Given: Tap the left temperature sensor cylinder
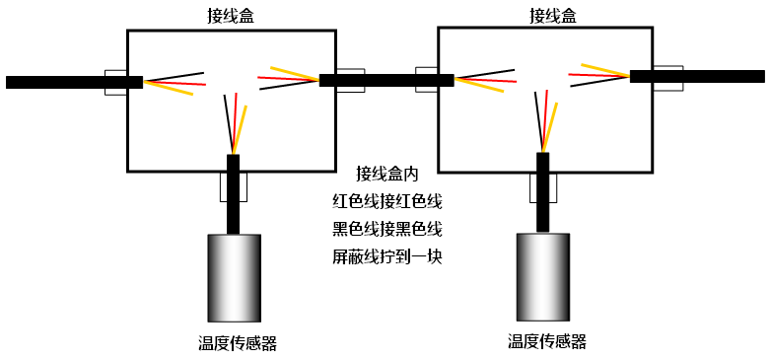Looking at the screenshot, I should [x=234, y=278].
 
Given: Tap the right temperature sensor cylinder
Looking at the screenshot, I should [x=542, y=277].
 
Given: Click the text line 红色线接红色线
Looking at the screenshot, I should [x=387, y=202].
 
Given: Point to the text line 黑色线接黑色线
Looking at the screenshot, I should [x=387, y=230].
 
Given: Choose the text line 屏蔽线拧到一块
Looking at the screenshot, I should [x=387, y=257].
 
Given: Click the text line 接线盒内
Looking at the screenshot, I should [x=387, y=175].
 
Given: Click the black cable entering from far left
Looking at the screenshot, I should [x=59, y=82].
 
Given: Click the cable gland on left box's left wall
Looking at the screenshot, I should [x=114, y=82].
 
